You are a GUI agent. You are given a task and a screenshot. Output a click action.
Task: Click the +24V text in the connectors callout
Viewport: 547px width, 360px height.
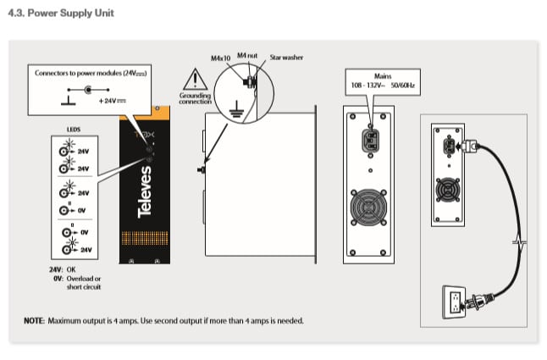click(111, 101)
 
